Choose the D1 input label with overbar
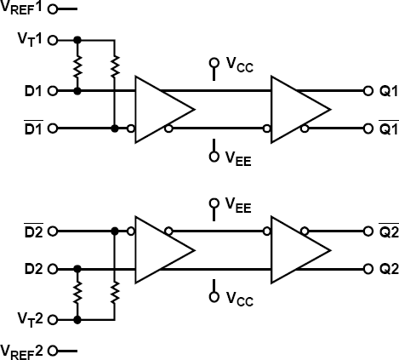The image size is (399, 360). [x=32, y=129]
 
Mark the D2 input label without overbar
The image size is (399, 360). [x=32, y=269]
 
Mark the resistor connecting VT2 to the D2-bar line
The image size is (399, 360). [x=114, y=294]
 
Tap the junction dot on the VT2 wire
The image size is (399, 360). [x=78, y=320]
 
